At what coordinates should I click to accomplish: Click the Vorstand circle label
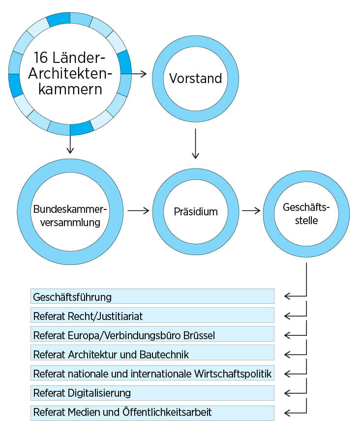pyautogui.click(x=195, y=79)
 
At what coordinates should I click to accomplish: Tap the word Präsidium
pyautogui.click(x=195, y=212)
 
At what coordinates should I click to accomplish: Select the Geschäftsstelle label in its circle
pyautogui.click(x=306, y=214)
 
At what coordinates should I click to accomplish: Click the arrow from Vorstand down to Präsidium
pyautogui.click(x=196, y=144)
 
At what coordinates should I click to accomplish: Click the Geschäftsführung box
pyautogui.click(x=152, y=296)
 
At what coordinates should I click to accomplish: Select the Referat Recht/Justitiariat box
pyautogui.click(x=152, y=316)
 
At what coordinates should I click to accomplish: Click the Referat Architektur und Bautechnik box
pyautogui.click(x=152, y=354)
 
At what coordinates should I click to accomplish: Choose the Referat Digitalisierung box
pyautogui.click(x=152, y=393)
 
